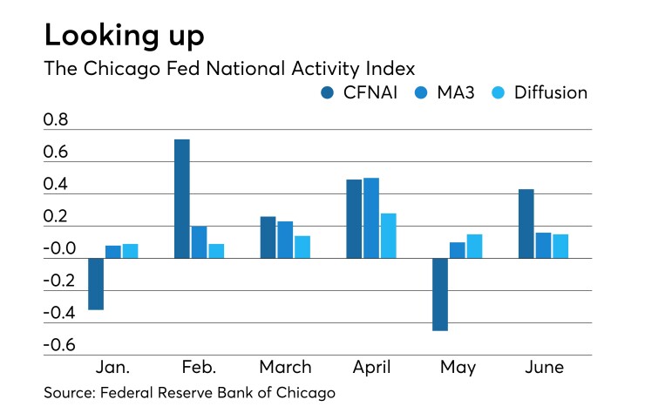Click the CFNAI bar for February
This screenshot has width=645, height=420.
(x=182, y=199)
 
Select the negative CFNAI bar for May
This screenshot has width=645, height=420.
(x=439, y=294)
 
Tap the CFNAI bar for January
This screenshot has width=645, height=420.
(x=96, y=283)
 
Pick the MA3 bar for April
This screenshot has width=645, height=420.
(x=370, y=218)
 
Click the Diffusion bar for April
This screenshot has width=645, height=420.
(x=388, y=235)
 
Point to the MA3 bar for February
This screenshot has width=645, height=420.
(x=199, y=242)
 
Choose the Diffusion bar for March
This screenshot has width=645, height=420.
(x=302, y=247)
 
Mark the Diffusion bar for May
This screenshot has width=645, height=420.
(x=473, y=246)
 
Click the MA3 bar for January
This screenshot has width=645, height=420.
(x=113, y=252)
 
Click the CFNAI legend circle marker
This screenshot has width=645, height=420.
(x=328, y=92)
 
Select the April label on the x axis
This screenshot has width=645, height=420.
(x=370, y=367)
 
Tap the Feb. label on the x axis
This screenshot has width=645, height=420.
(x=199, y=367)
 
